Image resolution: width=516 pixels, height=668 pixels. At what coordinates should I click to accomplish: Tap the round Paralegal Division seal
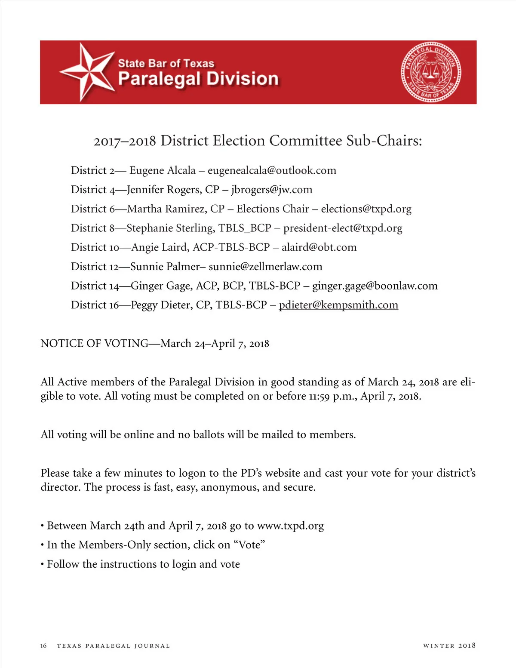pyautogui.click(x=431, y=72)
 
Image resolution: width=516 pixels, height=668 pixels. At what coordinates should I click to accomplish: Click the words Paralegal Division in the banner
pyautogui.click(x=198, y=79)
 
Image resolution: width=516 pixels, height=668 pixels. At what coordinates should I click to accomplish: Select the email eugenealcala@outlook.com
pyautogui.click(x=272, y=170)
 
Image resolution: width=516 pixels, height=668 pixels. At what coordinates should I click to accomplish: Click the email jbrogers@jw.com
pyautogui.click(x=272, y=190)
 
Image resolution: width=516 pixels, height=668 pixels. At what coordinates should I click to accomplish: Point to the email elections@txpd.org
pyautogui.click(x=366, y=209)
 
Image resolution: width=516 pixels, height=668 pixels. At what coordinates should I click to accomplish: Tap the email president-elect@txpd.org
pyautogui.click(x=343, y=228)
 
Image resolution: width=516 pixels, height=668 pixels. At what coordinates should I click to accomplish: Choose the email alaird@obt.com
pyautogui.click(x=319, y=247)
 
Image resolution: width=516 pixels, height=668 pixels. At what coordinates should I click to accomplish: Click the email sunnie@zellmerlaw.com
pyautogui.click(x=265, y=267)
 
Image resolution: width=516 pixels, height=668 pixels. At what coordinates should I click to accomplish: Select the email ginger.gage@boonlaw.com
pyautogui.click(x=375, y=286)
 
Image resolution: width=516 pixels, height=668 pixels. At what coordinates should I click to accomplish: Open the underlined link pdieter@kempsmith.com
pyautogui.click(x=338, y=305)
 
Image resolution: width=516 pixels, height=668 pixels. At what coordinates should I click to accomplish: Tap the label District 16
pyautogui.click(x=95, y=305)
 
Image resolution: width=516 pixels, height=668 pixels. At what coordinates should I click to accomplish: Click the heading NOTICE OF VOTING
pyautogui.click(x=94, y=343)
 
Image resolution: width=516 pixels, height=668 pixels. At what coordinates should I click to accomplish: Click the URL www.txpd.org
pyautogui.click(x=290, y=526)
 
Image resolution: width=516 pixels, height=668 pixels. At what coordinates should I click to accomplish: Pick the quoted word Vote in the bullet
pyautogui.click(x=249, y=545)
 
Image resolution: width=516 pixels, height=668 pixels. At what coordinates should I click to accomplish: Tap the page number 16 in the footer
pyautogui.click(x=43, y=646)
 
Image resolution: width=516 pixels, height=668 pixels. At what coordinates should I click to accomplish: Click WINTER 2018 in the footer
pyautogui.click(x=449, y=646)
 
